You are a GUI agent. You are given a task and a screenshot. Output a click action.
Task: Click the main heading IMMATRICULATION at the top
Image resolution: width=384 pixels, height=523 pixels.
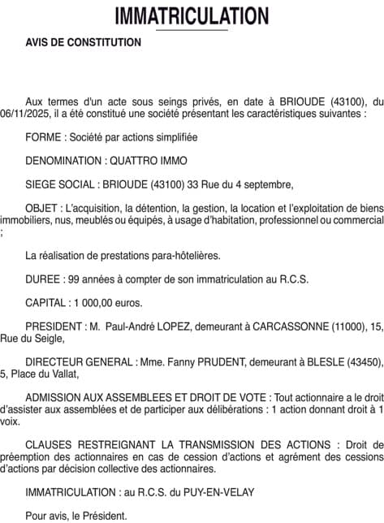pos(192,15)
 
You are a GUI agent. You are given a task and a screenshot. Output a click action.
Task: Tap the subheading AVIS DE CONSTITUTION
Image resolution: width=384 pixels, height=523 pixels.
pos(84,42)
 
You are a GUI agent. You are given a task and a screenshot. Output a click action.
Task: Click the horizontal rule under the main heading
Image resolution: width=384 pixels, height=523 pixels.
pos(192,30)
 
